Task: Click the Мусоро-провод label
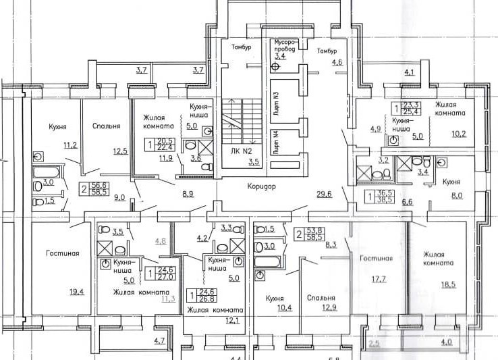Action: pos(287,46)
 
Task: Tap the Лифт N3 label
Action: pos(276,101)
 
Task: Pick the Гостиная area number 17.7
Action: pos(376,279)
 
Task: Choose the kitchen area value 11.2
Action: pos(71,145)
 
